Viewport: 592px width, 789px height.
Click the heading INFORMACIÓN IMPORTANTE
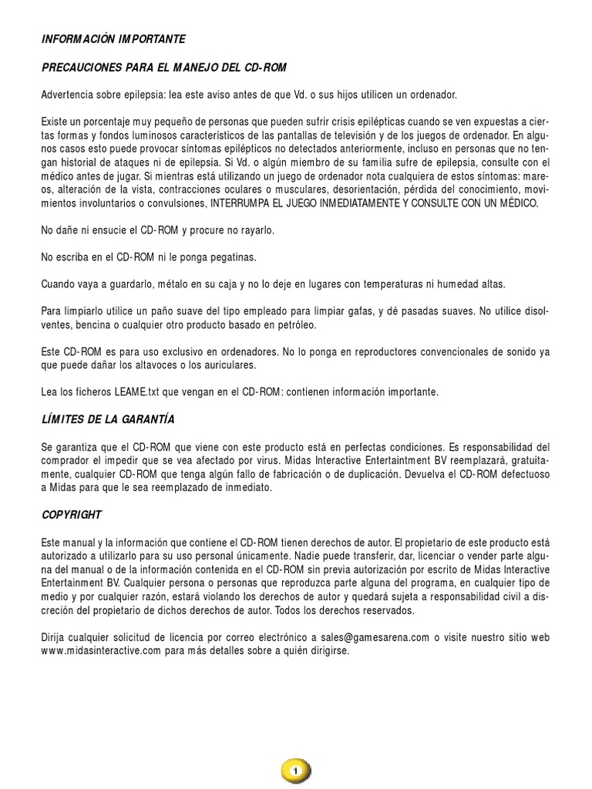click(113, 38)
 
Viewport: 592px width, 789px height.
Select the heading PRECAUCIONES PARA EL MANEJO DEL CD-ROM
click(164, 67)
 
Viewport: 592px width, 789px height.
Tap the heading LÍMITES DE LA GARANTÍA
click(108, 419)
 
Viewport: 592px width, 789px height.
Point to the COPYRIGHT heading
click(72, 514)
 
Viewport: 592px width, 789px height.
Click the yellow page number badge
click(295, 770)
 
